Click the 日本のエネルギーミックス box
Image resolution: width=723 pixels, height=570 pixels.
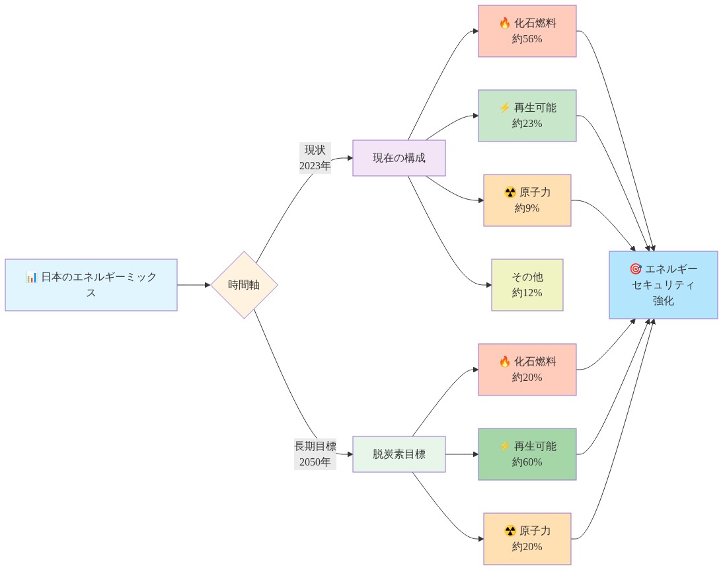tap(91, 285)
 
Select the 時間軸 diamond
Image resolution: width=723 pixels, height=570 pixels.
tap(244, 285)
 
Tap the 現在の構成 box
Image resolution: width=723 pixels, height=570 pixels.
tap(399, 158)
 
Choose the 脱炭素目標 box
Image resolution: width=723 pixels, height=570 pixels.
tap(399, 454)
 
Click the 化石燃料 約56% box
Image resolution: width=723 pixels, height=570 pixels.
tap(527, 31)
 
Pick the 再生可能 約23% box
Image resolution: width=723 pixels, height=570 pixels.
tap(527, 116)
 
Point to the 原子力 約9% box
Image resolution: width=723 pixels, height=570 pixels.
tap(527, 200)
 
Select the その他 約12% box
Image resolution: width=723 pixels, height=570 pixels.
tap(527, 285)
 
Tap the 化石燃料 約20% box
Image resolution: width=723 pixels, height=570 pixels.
tap(527, 370)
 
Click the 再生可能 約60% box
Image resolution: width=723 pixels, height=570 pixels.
tap(527, 454)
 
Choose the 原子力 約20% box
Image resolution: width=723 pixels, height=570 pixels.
tap(527, 539)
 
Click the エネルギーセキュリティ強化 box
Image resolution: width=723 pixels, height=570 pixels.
tap(663, 285)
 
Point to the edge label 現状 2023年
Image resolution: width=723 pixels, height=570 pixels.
tap(315, 158)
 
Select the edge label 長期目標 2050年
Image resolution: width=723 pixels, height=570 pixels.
tap(315, 454)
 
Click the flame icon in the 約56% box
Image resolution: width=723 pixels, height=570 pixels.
tap(505, 23)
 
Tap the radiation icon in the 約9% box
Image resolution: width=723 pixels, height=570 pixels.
tap(510, 192)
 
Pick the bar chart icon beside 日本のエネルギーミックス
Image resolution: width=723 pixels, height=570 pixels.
tap(32, 277)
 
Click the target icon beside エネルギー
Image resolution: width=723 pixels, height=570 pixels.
tap(636, 269)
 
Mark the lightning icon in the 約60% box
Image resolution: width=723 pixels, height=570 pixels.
tap(505, 446)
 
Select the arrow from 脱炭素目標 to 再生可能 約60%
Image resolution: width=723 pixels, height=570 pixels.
tap(461, 454)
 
